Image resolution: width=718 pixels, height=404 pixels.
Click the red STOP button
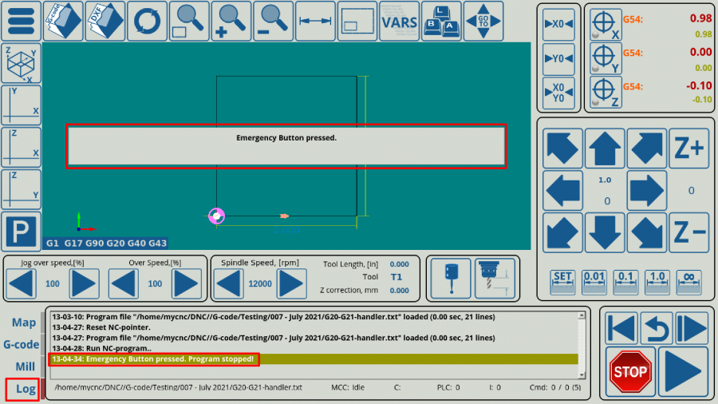pos(630,370)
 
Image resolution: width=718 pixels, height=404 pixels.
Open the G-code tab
pos(22,345)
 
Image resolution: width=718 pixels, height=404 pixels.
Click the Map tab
pos(24,323)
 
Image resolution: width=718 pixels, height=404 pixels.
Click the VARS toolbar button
pos(399,22)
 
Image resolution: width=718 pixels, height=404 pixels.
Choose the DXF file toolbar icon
pos(105,22)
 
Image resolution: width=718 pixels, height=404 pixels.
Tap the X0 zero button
pos(558,24)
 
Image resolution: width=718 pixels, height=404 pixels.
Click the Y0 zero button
pos(558,58)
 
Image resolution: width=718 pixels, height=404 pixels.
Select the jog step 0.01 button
pos(594,280)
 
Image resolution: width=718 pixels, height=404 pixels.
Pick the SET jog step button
pos(562,280)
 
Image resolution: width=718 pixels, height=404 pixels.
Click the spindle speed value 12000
pos(260,283)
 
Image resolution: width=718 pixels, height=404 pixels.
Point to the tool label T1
pos(396,277)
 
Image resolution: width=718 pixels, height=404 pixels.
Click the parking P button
pos(21,232)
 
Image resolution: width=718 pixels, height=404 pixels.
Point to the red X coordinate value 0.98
pos(700,18)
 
